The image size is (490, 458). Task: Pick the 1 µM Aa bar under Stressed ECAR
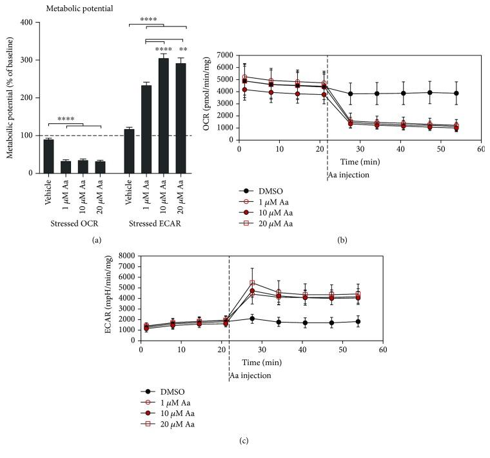tap(146, 129)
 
